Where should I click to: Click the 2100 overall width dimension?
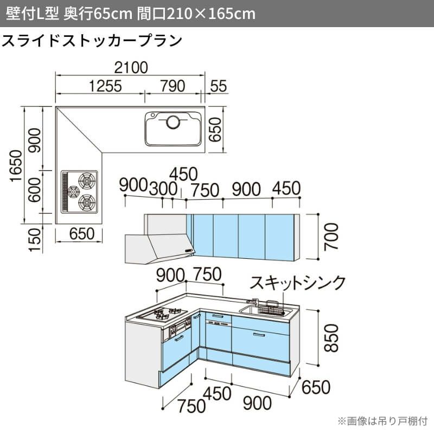(131, 68)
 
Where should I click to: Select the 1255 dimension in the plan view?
(105, 86)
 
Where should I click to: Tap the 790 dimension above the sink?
(173, 86)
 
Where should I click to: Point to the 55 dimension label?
(219, 86)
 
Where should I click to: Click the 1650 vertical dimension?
(16, 166)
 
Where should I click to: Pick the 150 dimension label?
(35, 240)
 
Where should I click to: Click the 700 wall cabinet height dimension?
(331, 237)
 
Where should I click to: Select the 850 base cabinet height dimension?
(331, 338)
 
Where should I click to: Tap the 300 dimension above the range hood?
(163, 189)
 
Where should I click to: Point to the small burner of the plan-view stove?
(74, 191)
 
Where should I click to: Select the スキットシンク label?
(297, 283)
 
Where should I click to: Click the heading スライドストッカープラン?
(92, 41)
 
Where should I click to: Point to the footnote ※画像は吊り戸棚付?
(383, 421)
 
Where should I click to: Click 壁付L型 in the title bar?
(33, 13)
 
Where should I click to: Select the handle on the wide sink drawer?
(259, 335)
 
